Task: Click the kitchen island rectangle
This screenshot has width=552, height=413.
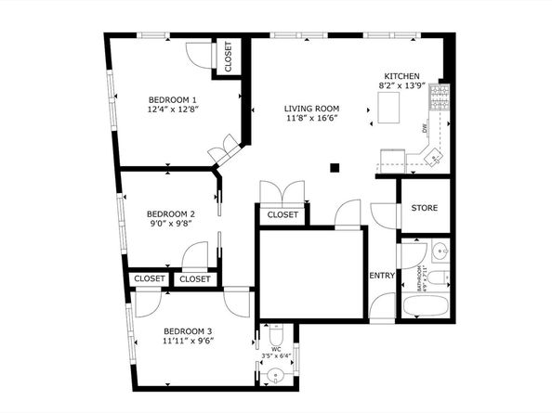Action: [x=388, y=106]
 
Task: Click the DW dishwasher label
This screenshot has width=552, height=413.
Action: [x=424, y=129]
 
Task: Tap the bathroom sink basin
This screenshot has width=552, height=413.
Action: [x=439, y=251]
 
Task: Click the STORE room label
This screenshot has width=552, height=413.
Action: [x=425, y=208]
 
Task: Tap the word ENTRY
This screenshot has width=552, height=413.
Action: [x=382, y=276]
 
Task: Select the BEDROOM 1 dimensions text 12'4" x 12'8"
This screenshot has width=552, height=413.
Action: [x=174, y=110]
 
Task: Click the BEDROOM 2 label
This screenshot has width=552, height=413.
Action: [x=170, y=212]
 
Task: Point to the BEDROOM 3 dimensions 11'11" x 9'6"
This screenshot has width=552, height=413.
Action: [x=189, y=342]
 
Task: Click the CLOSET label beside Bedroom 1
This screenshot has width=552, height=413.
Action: [x=229, y=57]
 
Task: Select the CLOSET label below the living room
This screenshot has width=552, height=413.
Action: [x=283, y=215]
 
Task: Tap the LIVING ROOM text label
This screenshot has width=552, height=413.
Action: [x=310, y=109]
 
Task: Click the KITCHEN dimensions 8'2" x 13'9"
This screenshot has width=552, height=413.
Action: [x=401, y=85]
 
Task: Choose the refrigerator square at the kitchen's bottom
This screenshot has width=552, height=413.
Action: [x=394, y=161]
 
